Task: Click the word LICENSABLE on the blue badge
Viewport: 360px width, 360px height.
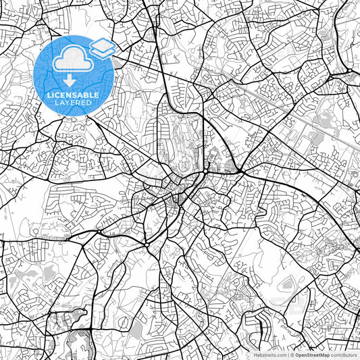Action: [x=72, y=95]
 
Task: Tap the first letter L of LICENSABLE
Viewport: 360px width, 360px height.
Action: [x=49, y=95]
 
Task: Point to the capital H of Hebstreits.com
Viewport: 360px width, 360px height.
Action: [x=256, y=355]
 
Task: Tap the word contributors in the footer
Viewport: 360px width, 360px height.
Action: [x=345, y=355]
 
